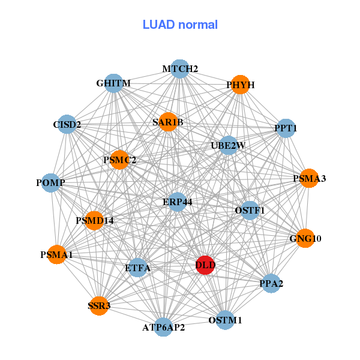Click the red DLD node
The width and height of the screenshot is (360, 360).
coord(205,265)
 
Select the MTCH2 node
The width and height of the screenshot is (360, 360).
coord(180,69)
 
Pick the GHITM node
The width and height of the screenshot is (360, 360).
coord(113,83)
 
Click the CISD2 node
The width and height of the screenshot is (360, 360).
coord(67,125)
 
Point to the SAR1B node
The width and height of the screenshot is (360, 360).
coord(167,122)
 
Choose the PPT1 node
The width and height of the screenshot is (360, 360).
coord(286,128)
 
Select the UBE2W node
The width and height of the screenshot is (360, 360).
coord(228,145)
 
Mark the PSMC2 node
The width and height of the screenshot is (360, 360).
coord(119,160)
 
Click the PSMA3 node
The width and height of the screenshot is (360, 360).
coord(309,178)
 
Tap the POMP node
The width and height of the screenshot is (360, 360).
coord(50,182)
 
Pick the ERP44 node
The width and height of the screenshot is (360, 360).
coord(177,202)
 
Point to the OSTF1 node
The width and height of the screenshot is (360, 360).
coord(250,210)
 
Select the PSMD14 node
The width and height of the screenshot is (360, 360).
coord(95,221)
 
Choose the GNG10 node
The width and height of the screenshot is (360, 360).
coord(305,238)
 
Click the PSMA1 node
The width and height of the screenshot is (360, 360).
coord(56,255)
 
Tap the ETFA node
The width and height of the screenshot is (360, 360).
coord(138,268)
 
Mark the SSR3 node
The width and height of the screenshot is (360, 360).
coord(99,306)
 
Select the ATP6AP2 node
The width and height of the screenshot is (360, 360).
coord(163,328)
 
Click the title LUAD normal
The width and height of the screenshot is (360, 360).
coord(180,25)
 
